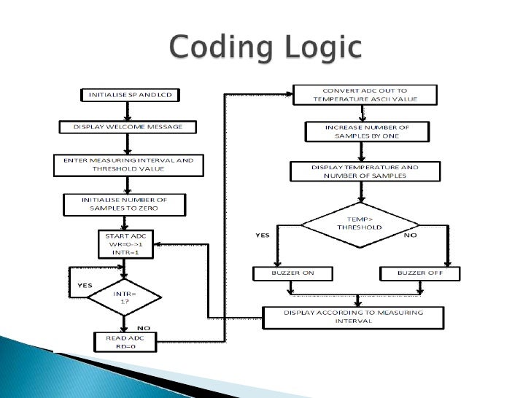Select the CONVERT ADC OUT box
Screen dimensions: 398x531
(x=364, y=95)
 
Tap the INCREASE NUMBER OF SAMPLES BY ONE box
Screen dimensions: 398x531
(x=366, y=132)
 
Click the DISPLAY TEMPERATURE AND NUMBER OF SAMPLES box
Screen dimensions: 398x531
(x=365, y=171)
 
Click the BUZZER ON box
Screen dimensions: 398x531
(x=292, y=274)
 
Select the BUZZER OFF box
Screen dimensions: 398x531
(x=421, y=274)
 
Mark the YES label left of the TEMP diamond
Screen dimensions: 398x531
(x=263, y=235)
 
